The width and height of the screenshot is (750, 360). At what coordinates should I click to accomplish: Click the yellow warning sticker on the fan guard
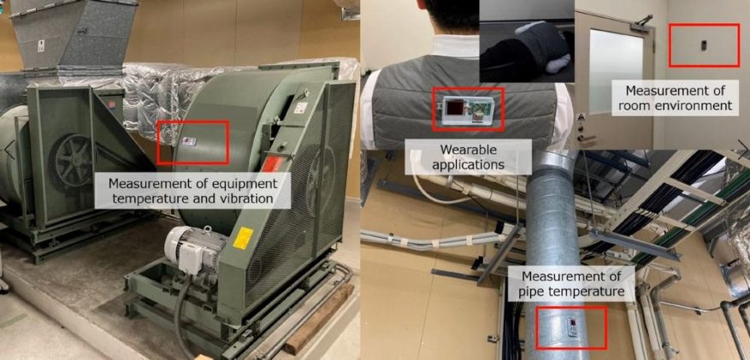(x=243, y=238)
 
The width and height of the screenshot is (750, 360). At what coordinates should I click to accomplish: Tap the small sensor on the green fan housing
(x=189, y=141)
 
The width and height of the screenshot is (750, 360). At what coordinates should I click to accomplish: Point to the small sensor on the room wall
(x=704, y=45)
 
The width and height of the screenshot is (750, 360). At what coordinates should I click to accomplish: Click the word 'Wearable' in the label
(x=469, y=150)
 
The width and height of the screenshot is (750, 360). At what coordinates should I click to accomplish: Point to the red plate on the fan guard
(x=272, y=164)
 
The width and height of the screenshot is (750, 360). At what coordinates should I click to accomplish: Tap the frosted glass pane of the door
(x=616, y=72)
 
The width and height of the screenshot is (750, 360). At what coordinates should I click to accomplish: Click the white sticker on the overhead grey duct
(x=41, y=46)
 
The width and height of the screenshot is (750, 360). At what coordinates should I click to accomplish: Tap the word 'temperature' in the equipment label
(x=136, y=197)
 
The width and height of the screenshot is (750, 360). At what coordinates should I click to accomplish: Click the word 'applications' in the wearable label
(x=469, y=165)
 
